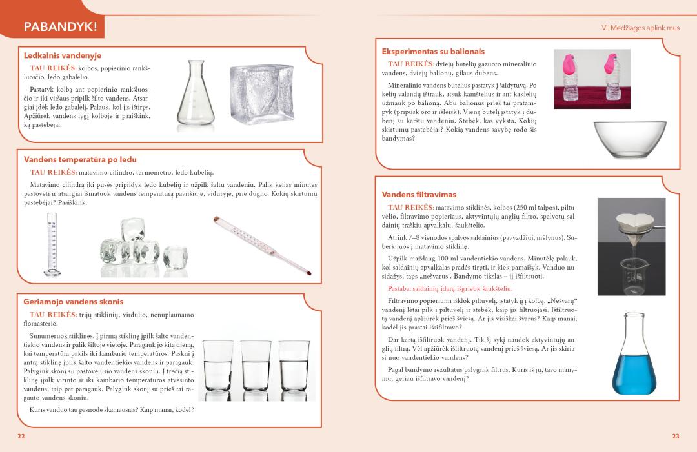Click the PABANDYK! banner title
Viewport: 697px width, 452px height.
59,27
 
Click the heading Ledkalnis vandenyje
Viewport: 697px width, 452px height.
63,56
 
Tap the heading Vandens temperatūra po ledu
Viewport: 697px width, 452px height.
80,159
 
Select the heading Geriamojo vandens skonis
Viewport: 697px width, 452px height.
74,302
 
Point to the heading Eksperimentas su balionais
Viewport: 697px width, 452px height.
433,51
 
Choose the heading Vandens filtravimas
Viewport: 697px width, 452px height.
419,194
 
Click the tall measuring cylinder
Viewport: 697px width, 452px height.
51,245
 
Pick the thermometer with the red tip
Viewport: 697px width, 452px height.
261,248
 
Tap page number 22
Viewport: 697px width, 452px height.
21,437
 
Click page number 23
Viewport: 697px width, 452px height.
676,437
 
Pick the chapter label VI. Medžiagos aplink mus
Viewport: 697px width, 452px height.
640,28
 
